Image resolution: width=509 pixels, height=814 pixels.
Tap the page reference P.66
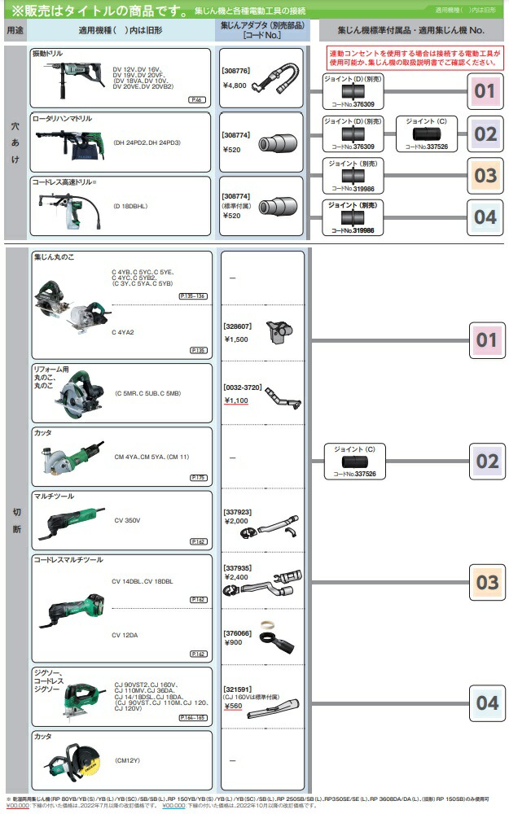tap(196, 99)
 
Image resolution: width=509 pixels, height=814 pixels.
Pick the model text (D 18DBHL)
tap(130, 207)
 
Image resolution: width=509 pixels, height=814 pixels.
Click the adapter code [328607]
tap(237, 326)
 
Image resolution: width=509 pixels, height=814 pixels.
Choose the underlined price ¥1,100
tap(237, 400)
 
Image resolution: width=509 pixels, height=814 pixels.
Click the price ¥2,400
tap(237, 576)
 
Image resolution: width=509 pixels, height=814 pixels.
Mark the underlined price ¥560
tap(235, 707)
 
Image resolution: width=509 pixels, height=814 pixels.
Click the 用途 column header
tap(15, 29)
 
